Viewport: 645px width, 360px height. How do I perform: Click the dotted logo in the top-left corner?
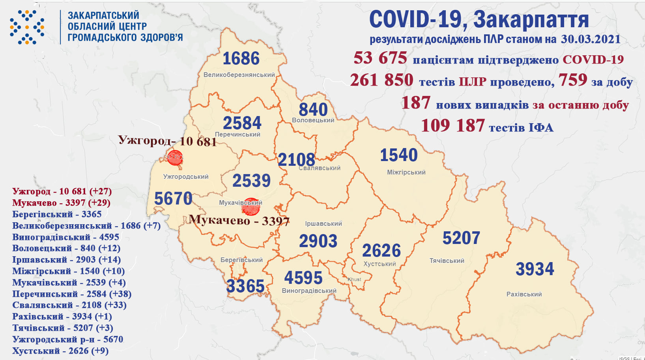pos(27,27)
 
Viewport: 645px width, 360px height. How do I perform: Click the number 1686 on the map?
pos(241,59)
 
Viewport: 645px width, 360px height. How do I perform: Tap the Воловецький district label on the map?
pos(313,120)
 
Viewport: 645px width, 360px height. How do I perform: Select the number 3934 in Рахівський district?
pos(535,269)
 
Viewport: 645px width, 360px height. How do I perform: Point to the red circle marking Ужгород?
pos(175,157)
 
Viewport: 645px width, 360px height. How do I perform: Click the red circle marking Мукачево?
pos(251,206)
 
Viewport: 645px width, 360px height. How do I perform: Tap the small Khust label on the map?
pos(354,279)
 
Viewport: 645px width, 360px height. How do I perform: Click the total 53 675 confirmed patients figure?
pos(380,58)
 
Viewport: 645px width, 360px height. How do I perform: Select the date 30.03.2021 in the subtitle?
pos(590,39)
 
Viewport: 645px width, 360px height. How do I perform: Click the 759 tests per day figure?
pos(572,80)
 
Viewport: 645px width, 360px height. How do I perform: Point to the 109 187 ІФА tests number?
pos(452,126)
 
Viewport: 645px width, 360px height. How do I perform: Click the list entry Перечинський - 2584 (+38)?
pos(72,294)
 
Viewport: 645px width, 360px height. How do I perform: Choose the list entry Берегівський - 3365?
pos(57,214)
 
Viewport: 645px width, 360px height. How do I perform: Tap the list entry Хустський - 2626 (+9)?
pos(60,351)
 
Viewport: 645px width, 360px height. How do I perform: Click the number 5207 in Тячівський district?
pos(461,238)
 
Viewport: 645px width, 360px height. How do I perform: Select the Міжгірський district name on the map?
pos(406,172)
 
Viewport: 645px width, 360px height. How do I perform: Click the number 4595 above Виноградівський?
pos(303,278)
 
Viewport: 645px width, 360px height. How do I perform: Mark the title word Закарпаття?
pos(531,19)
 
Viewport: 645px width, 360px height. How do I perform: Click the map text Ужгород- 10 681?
pos(167,141)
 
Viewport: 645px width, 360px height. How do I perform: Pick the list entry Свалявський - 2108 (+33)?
pos(69,305)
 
